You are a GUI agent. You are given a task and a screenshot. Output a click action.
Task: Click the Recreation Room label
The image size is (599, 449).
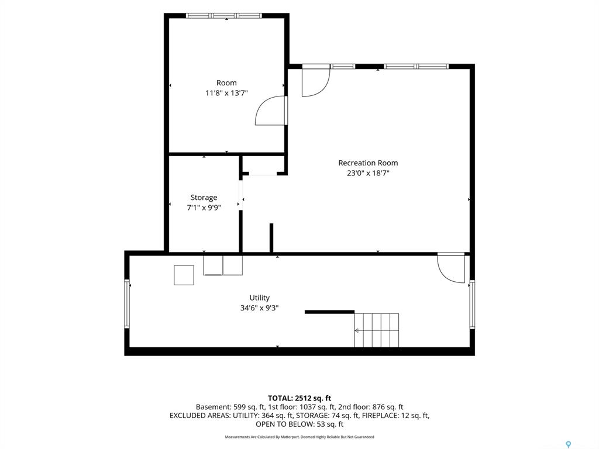click(x=368, y=163)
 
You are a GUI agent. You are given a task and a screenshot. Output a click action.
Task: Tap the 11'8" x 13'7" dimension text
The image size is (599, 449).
click(x=226, y=93)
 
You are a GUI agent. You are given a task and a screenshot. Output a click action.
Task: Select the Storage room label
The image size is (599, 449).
click(x=204, y=198)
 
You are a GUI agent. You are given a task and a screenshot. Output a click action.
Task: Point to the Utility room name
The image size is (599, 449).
click(x=259, y=298)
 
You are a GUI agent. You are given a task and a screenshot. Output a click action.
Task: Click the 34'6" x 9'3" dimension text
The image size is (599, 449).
click(x=259, y=308)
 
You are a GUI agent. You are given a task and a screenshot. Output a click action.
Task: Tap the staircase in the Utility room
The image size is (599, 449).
click(x=377, y=330)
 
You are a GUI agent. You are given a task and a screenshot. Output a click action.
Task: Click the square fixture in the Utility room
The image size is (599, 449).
click(x=184, y=275)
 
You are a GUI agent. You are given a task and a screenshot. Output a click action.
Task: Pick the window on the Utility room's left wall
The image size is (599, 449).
click(x=127, y=303)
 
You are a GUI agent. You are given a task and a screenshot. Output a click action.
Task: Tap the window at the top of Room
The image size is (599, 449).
click(x=224, y=16)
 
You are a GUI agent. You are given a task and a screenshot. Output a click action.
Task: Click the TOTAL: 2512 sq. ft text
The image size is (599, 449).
click(x=299, y=399)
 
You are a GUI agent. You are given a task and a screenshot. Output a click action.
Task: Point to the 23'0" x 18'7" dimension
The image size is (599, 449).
click(x=368, y=173)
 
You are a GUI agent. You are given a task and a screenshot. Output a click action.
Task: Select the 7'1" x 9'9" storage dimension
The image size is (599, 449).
click(x=204, y=208)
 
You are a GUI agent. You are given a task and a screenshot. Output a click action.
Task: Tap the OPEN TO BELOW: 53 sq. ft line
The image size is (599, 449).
click(x=299, y=424)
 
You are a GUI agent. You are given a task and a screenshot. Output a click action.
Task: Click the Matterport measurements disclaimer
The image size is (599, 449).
click(x=299, y=437)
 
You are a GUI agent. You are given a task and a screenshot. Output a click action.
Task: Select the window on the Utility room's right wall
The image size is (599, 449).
click(x=472, y=304)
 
